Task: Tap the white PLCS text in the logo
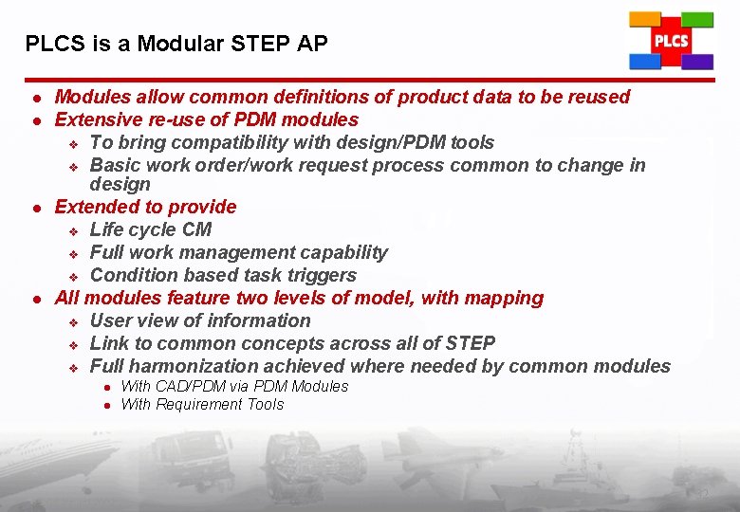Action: (671, 41)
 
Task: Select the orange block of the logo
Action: (645, 19)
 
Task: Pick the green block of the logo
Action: (697, 19)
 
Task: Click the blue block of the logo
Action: (645, 62)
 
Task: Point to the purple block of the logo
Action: (697, 62)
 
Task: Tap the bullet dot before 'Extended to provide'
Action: (34, 208)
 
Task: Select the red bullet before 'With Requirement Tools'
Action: (107, 405)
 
